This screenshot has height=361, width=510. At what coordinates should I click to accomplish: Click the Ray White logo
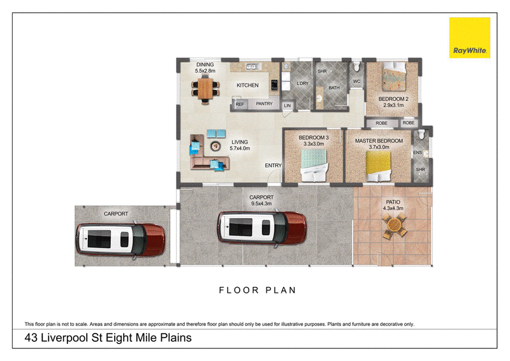(469, 38)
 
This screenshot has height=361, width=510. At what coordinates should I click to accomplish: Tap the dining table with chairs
(205, 89)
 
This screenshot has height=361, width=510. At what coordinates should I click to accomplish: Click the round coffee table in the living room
(215, 146)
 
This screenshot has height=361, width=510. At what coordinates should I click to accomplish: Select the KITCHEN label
(247, 85)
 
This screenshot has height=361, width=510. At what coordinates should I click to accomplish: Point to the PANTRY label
(264, 104)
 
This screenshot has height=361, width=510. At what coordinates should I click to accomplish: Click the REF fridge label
(240, 105)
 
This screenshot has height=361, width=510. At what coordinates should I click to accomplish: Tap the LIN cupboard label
(288, 106)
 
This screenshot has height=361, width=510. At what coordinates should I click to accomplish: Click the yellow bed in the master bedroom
(378, 166)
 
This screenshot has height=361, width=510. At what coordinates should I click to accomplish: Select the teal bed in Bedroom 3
(314, 165)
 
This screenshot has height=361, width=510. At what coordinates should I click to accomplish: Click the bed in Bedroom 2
(394, 77)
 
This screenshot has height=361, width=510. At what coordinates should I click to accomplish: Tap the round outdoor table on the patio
(394, 225)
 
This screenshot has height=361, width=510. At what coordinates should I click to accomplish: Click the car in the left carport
(120, 240)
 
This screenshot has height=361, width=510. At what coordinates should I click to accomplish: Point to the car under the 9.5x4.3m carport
(262, 228)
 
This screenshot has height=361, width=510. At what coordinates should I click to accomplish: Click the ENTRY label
(273, 166)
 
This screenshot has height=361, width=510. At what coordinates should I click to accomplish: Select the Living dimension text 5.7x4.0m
(240, 149)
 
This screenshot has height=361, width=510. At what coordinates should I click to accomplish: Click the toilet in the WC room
(356, 67)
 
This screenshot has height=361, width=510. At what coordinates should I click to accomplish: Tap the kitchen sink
(253, 66)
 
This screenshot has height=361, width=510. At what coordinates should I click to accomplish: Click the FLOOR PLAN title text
(258, 290)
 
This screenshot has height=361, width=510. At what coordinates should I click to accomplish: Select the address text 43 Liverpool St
(64, 338)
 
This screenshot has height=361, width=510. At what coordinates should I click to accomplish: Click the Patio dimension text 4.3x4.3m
(393, 209)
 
